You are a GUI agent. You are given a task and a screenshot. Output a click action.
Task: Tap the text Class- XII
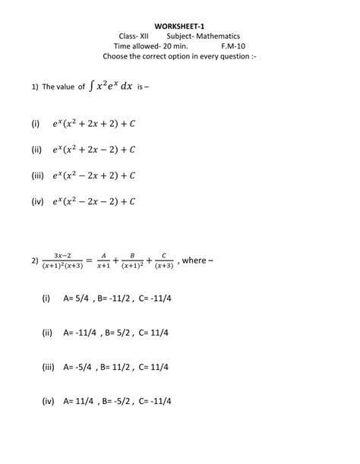(x=134, y=36)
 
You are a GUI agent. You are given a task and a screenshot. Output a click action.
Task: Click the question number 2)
(x=35, y=261)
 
